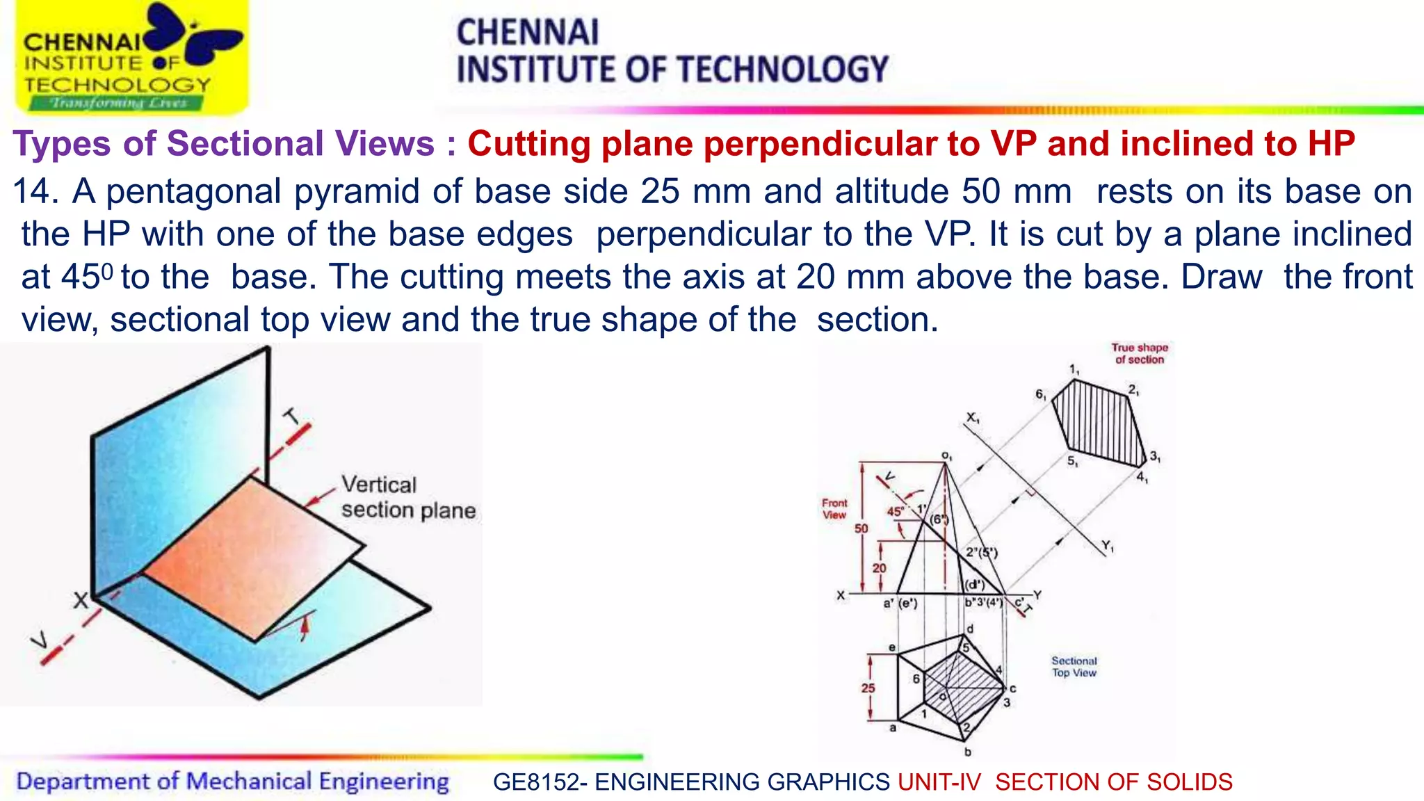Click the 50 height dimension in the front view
pos(861,528)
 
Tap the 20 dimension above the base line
pos(879,568)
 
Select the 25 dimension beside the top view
pos(868,688)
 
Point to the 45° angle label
pos(895,512)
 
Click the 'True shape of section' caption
pos(1139,353)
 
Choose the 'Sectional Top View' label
pos(1074,666)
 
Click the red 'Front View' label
pos(834,508)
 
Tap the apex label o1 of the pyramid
pos(946,456)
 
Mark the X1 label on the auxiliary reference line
pos(972,418)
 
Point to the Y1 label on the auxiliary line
pos(1107,546)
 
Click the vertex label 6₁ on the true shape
pos(1040,394)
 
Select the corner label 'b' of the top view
pos(967,752)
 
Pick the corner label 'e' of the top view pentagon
pos(892,647)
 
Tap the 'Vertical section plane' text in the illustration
pos(407,497)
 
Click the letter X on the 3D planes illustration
pos(81,600)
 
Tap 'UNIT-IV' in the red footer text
pos(939,782)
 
